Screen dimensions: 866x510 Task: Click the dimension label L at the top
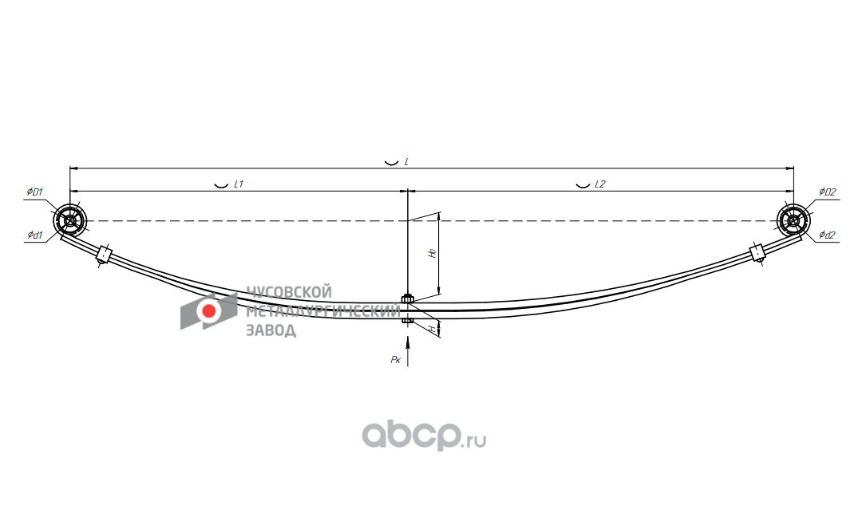(406, 161)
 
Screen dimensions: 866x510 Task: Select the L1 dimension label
(238, 184)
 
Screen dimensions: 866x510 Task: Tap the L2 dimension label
(599, 184)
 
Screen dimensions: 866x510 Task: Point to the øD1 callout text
(34, 192)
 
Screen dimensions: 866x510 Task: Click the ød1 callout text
(34, 235)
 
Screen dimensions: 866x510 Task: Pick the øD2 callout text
(828, 192)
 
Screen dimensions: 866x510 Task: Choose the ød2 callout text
(828, 235)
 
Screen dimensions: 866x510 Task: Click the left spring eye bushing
(70, 220)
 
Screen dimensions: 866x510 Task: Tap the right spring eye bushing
(792, 220)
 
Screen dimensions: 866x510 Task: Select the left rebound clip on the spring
(103, 255)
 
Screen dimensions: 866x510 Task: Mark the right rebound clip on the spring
(757, 253)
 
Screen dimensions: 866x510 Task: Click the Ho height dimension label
(432, 252)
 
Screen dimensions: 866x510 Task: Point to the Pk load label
(395, 360)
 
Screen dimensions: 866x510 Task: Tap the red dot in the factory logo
(209, 311)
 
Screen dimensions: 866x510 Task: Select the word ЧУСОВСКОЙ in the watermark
(288, 292)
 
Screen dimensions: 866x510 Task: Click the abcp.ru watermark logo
(424, 436)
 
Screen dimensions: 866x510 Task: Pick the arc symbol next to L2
(583, 184)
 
